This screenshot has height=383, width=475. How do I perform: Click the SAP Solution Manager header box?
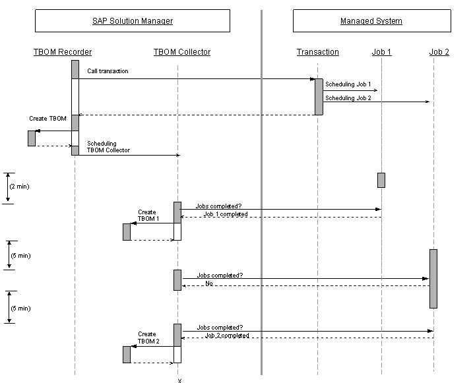133,20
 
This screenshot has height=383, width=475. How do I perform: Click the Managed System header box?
371,20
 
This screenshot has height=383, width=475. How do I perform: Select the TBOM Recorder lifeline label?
63,52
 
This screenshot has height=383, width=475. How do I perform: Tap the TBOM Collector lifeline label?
182,52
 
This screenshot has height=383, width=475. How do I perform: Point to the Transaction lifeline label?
317,52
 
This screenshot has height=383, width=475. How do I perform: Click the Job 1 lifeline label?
381,52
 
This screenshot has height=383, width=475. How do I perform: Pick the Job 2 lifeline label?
439,52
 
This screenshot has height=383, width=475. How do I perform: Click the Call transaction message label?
108,71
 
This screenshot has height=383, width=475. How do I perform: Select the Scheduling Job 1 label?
348,84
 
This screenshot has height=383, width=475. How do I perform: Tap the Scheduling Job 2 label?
348,98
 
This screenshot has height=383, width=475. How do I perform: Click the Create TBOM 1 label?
148,216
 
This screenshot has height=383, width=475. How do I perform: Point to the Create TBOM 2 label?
148,338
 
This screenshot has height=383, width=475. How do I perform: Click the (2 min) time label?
19,186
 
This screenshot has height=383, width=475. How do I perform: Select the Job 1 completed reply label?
226,214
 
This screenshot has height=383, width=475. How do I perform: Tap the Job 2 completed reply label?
227,335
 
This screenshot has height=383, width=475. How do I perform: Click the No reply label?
209,283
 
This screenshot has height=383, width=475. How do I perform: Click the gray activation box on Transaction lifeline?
319,97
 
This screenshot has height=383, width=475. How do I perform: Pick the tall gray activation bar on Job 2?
433,279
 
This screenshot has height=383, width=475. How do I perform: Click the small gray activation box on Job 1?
381,180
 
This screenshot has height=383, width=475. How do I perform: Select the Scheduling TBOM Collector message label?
108,146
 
